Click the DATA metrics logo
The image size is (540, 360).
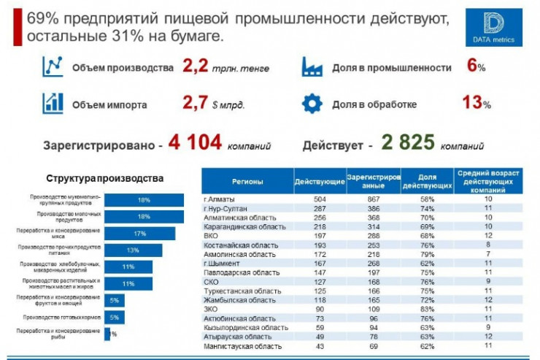[493, 27]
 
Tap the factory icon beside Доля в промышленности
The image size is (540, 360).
[312, 67]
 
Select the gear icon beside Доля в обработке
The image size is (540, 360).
[312, 104]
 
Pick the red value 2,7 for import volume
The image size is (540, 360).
[196, 103]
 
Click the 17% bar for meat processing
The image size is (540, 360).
[139, 233]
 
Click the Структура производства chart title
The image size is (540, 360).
[104, 178]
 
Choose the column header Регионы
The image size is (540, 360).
[247, 180]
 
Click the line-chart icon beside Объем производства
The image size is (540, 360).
[52, 66]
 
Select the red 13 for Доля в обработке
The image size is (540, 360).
[471, 103]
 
